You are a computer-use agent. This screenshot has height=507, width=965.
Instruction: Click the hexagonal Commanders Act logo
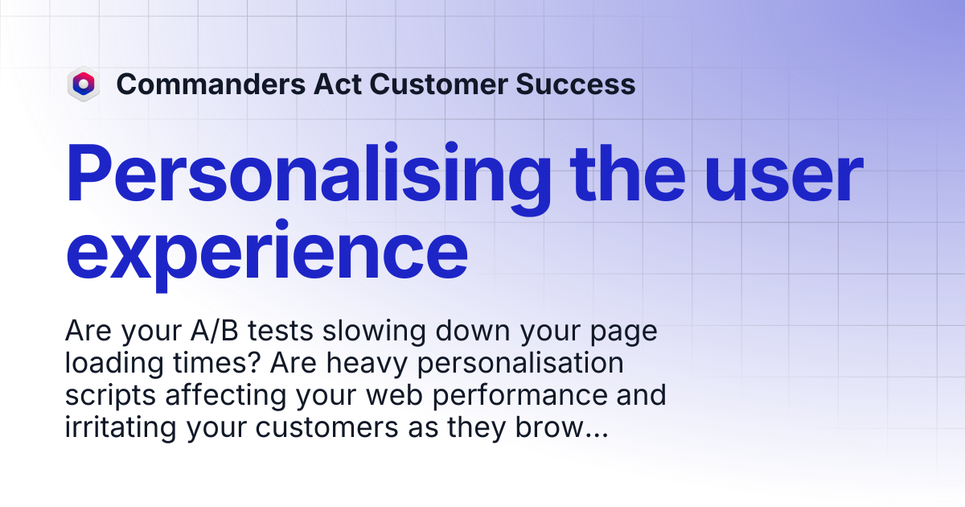[84, 84]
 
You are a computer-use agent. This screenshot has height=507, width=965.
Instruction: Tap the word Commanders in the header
[211, 84]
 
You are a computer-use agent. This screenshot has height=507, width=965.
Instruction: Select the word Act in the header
[337, 84]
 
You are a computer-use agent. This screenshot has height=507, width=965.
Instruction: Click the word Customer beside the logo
[438, 84]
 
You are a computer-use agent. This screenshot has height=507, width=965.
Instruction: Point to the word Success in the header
[576, 84]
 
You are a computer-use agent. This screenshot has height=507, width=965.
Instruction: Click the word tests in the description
[280, 331]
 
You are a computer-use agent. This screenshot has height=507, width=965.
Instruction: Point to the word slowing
[374, 332]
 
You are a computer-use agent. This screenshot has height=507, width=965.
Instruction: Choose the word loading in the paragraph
[114, 364]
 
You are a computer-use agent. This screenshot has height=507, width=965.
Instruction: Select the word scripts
[110, 396]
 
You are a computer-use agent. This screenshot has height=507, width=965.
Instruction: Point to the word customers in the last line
[327, 427]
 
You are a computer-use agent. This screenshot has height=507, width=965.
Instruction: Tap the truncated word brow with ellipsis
[562, 427]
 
